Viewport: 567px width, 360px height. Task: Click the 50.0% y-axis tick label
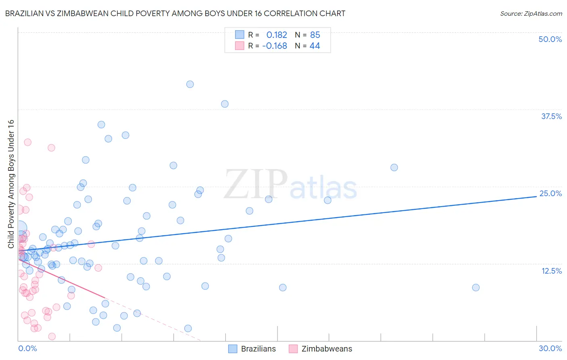[550, 39]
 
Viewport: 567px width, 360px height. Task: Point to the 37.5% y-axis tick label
[551, 116]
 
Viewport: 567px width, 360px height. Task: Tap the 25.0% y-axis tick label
[550, 193]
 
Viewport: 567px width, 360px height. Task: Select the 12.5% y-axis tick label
[551, 271]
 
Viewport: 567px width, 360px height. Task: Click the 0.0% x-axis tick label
[27, 348]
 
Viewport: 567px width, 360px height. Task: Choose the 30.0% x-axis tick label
[550, 348]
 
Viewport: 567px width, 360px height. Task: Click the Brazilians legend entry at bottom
[252, 349]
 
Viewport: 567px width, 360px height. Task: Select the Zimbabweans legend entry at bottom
[321, 349]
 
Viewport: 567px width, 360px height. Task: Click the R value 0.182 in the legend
[277, 35]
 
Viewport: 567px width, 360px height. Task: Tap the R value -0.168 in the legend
[275, 46]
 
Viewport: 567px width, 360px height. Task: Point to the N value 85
[315, 35]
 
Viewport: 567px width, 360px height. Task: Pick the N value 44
[315, 46]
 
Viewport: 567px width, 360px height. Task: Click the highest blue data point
[190, 84]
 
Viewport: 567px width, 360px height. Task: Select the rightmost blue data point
[476, 287]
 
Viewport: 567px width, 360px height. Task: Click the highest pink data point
[27, 142]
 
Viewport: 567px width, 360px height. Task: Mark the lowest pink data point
[52, 336]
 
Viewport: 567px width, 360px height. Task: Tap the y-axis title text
[11, 184]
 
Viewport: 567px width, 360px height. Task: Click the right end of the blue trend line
[536, 196]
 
